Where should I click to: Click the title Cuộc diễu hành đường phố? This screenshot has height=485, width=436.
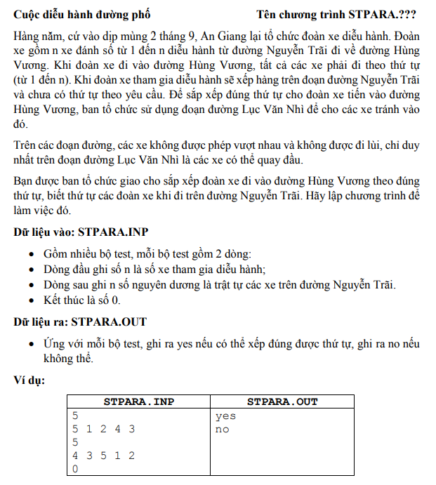pos(81,14)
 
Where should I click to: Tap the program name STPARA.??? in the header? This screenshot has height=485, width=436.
pos(386,14)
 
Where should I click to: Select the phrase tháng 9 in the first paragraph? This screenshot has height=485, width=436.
pos(199,34)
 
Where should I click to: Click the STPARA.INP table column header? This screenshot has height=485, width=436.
pos(139,402)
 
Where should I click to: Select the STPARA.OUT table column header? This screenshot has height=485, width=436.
pos(282,402)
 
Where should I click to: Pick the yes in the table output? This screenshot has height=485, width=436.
pos(225,416)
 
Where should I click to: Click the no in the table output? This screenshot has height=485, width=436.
pos(222,429)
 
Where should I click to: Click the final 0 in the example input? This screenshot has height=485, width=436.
pos(76,469)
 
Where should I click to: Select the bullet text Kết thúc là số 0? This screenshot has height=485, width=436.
pos(81,300)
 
